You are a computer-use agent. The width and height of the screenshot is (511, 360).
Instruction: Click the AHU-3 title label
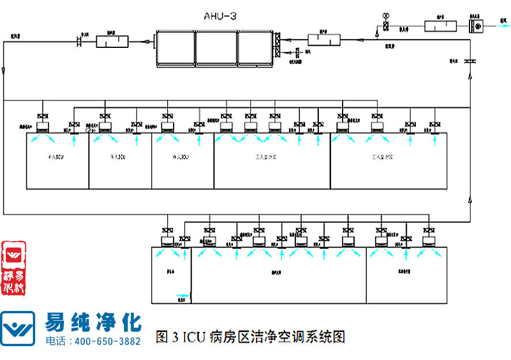220,16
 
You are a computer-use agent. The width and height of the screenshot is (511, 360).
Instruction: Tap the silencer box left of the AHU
112,41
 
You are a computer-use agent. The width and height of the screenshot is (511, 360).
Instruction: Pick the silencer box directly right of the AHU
323,39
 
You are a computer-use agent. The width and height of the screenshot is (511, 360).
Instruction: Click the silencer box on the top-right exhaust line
441,26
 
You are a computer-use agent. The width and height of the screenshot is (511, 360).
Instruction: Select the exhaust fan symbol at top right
476,26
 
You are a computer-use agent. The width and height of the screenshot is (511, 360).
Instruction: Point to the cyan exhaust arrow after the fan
504,26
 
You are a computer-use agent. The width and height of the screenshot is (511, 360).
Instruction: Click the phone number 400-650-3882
108,341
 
